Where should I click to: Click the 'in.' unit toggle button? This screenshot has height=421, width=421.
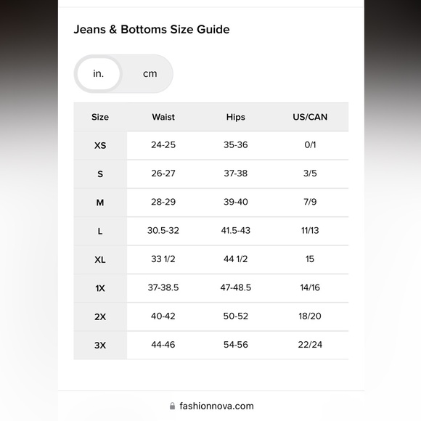point(99,74)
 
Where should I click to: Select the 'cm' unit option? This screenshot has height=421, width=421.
point(150,74)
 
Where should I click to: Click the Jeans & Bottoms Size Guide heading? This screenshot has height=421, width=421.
point(151,30)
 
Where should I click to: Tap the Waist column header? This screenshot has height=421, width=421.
point(163,117)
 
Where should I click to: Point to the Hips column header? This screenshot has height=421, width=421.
point(236,117)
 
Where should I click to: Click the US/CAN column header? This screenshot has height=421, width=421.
point(310,117)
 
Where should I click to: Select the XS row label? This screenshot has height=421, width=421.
point(100,145)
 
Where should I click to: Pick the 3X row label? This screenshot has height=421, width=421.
point(100,346)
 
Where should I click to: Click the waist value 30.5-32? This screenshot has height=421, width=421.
point(163,231)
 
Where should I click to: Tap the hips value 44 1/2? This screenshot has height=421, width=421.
point(236,259)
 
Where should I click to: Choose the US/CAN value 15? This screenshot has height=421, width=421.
point(310,259)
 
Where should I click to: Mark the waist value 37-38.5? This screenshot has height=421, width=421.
point(163,287)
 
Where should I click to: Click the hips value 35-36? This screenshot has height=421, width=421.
point(236,145)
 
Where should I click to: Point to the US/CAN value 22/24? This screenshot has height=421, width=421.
point(310,345)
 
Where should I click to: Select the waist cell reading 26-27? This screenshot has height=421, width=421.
point(163,173)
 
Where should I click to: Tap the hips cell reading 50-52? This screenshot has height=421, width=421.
point(236,316)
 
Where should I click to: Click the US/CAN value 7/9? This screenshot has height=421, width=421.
point(310,203)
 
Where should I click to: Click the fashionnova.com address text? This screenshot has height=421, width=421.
point(216,406)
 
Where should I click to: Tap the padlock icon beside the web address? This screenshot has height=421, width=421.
point(172,406)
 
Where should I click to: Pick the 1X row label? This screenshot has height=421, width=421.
point(100,288)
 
